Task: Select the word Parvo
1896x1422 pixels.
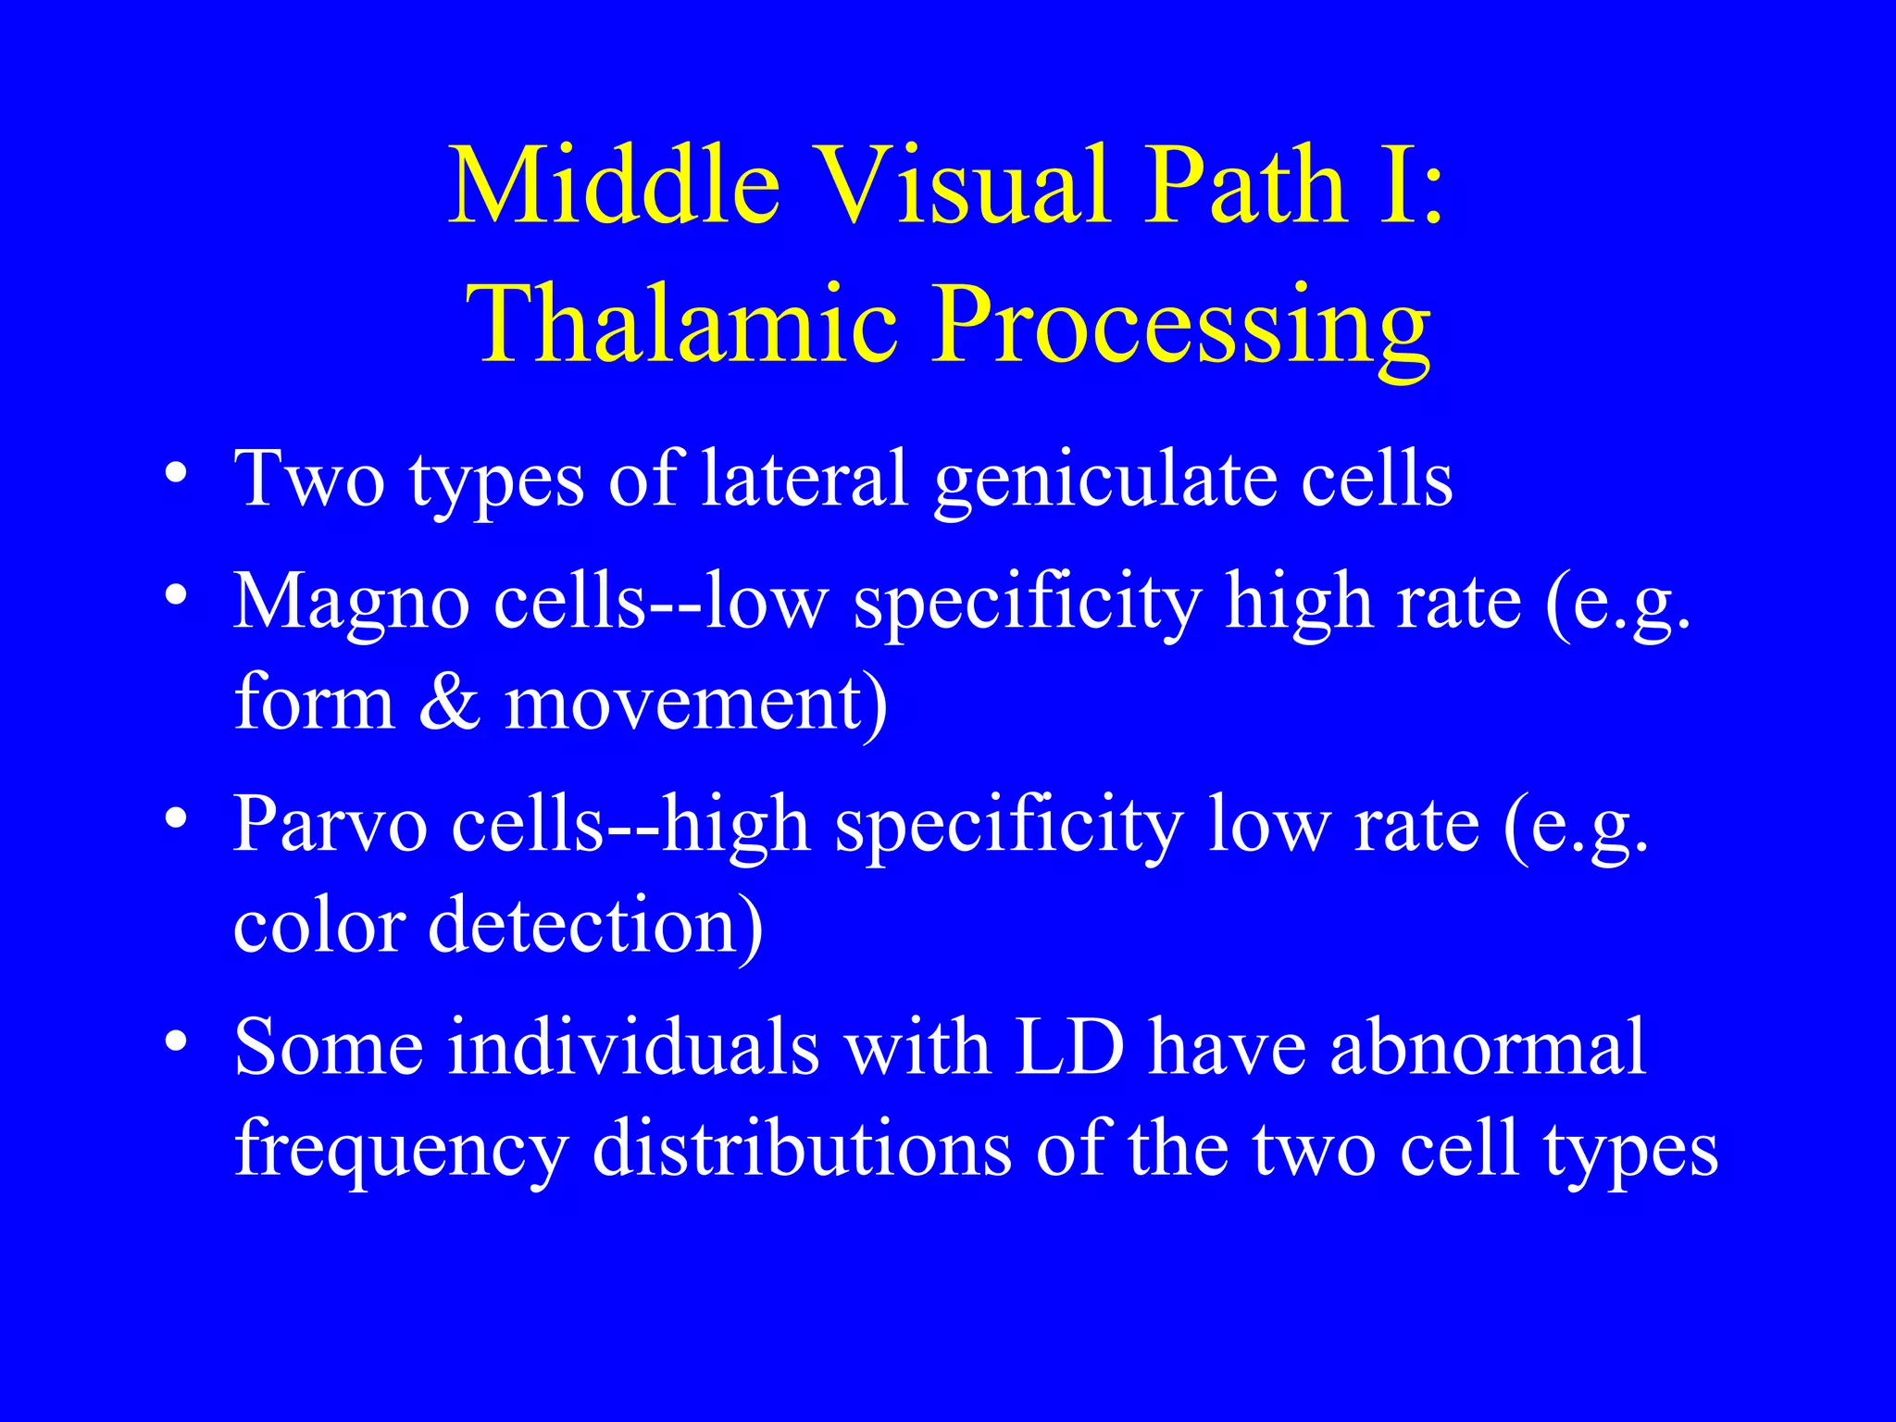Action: pyautogui.click(x=330, y=824)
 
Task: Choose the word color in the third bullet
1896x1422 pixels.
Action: pyautogui.click(x=318, y=924)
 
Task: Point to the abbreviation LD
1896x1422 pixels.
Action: pyautogui.click(x=1069, y=1048)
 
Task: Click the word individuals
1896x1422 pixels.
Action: pyautogui.click(x=634, y=1048)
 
